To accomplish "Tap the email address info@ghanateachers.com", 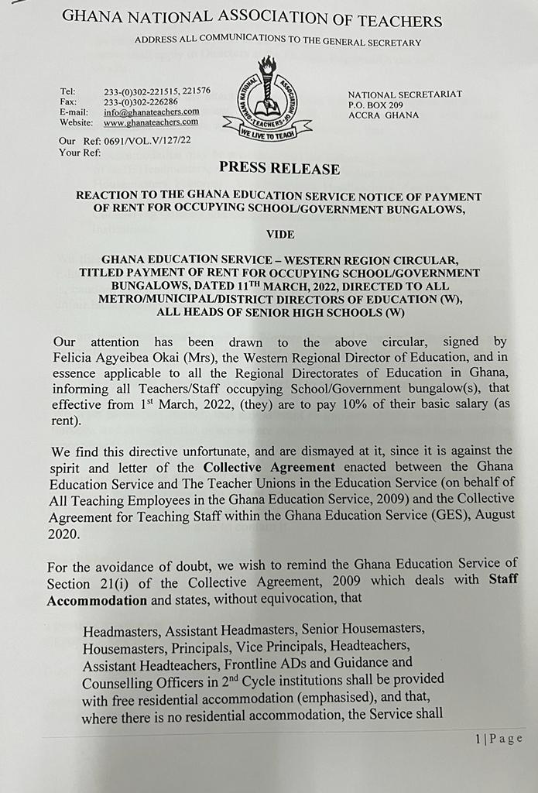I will click(x=151, y=112).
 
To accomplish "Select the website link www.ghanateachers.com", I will click(x=151, y=122).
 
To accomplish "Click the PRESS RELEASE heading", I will click(x=279, y=168).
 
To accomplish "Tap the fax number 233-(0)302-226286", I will click(x=141, y=101).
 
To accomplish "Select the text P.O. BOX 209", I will click(x=376, y=105).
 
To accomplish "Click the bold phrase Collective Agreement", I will click(x=269, y=466).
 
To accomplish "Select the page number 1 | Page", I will click(x=499, y=739).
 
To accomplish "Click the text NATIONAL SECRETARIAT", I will click(x=405, y=94).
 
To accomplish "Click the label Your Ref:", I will click(x=81, y=152).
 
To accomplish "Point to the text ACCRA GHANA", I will click(x=383, y=115).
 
